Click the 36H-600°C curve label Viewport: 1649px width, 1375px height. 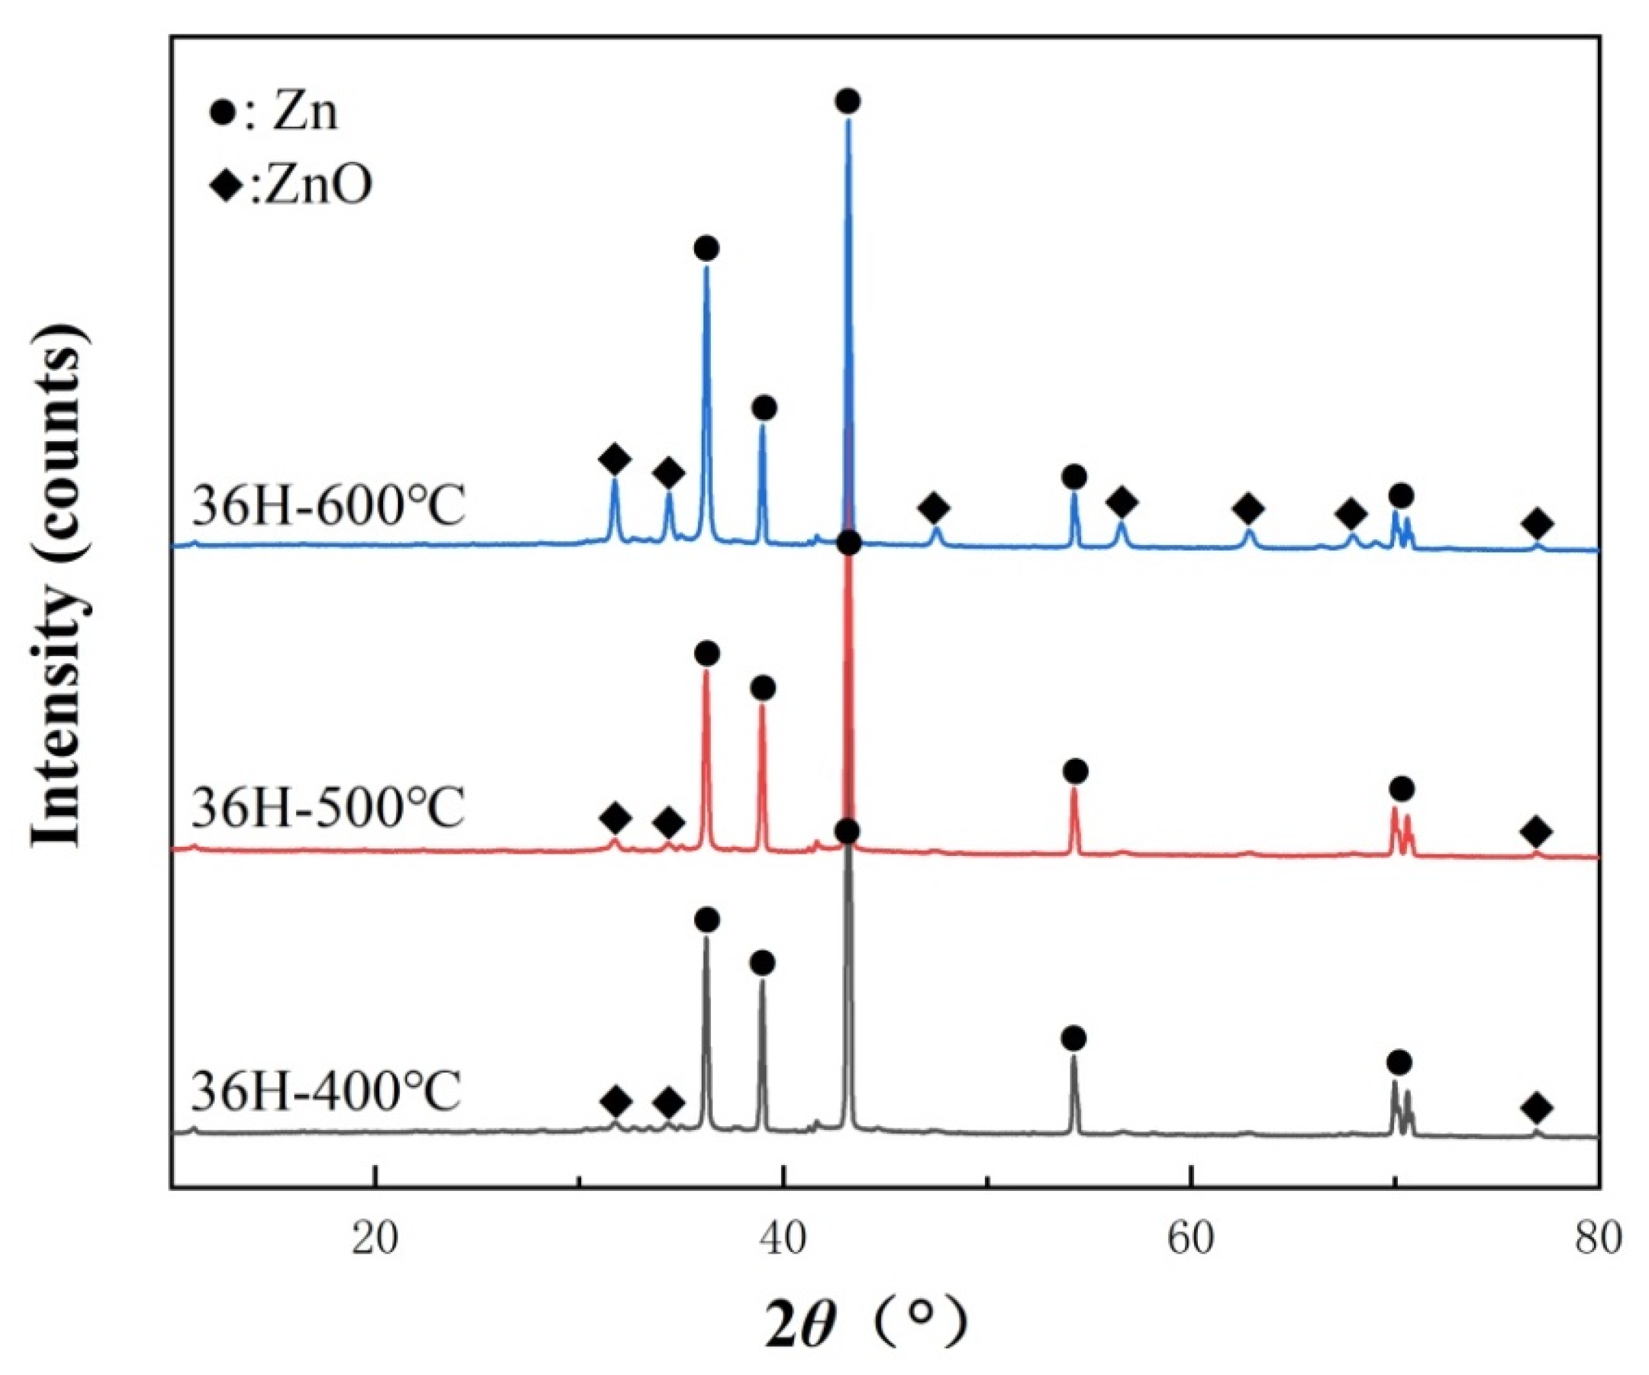point(329,506)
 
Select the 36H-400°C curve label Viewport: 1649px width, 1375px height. point(326,1092)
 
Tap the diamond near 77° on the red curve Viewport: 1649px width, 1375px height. point(1537,831)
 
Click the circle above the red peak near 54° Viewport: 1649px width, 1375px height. point(1076,771)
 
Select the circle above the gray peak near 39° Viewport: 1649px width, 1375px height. point(762,963)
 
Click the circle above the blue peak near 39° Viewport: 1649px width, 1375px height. point(764,408)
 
